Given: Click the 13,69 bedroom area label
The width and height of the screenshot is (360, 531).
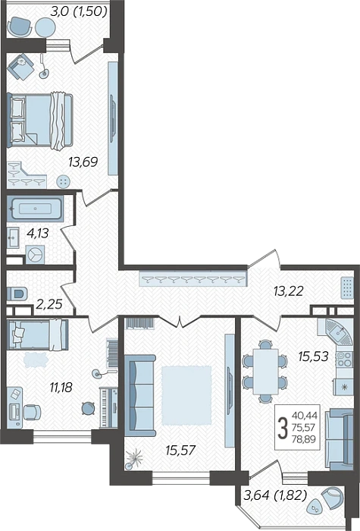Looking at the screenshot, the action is [x=83, y=162].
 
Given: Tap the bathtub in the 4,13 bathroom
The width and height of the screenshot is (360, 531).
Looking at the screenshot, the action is [x=35, y=209].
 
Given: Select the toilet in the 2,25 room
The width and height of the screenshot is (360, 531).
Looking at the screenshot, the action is [x=17, y=294].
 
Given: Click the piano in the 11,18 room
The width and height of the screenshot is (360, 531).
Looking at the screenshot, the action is [x=109, y=407].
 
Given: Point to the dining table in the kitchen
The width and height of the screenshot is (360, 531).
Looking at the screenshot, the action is [x=265, y=371].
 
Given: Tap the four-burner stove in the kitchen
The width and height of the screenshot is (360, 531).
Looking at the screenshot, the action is [x=344, y=360].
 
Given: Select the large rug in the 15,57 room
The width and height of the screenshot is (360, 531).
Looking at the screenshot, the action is [x=186, y=395].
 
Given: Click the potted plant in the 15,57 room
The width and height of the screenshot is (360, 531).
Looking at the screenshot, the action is [x=135, y=458].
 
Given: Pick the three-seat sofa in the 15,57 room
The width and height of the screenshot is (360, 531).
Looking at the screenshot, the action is [x=139, y=395].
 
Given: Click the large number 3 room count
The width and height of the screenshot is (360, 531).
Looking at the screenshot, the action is [x=282, y=428].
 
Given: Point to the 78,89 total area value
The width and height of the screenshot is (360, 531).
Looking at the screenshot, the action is [x=303, y=439].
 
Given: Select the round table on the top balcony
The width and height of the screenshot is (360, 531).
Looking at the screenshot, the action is [x=45, y=27].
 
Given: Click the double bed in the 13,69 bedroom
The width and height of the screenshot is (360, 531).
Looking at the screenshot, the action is [x=40, y=120].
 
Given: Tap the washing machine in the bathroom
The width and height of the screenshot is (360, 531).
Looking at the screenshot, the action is [x=35, y=255].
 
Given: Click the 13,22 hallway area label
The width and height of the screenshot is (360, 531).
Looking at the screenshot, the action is [x=289, y=291].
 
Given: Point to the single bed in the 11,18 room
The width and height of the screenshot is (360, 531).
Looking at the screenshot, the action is [x=38, y=335].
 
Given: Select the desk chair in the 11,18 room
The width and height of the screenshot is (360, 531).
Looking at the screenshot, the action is [x=32, y=412].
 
